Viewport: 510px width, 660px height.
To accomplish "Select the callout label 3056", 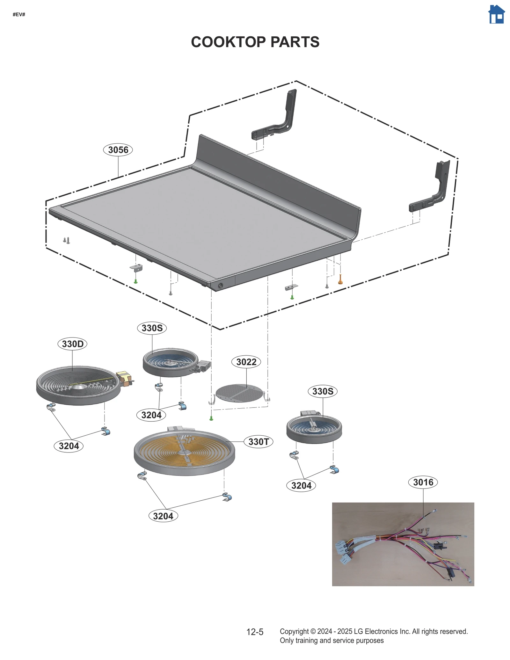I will click(118, 150).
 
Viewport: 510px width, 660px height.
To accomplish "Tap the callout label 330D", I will click(72, 344).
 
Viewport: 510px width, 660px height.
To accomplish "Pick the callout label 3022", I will click(246, 362).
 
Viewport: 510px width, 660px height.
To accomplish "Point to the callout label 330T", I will click(258, 442).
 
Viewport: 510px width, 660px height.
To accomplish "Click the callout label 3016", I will click(423, 482).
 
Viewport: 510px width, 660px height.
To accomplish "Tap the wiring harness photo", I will click(403, 544).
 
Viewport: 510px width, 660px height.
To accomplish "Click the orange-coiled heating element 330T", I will click(184, 453).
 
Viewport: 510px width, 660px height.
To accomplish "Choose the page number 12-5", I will click(255, 632).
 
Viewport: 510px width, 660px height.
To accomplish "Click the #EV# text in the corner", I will click(19, 15).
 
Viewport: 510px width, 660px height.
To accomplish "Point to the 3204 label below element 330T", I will click(163, 516).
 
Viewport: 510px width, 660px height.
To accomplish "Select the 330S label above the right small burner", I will click(322, 391).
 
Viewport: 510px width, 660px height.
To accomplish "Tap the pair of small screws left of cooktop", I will click(66, 240).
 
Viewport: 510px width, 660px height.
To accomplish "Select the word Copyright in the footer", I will click(294, 631).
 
